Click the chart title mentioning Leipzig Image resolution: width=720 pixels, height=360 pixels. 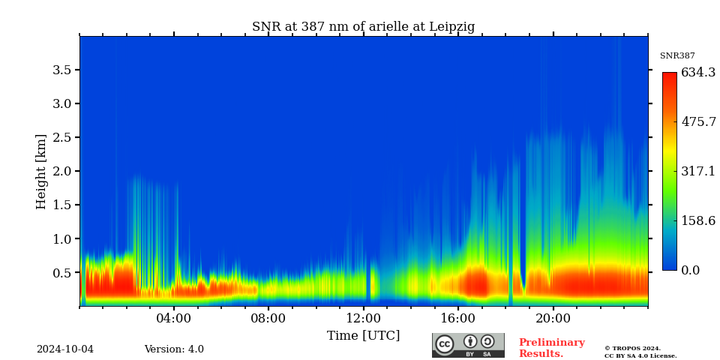[x=363, y=27]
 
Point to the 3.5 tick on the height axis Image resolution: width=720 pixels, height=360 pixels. [x=61, y=70]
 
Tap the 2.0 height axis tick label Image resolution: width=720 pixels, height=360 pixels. [x=61, y=171]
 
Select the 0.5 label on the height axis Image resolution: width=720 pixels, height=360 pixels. [x=61, y=273]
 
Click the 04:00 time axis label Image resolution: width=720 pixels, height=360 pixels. [x=173, y=319]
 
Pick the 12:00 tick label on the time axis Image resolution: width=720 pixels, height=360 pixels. [x=364, y=319]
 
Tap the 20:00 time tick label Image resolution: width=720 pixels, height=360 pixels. [x=553, y=319]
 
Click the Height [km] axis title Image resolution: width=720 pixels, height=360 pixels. [x=41, y=171]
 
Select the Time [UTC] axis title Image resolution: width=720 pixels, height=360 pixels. [x=363, y=336]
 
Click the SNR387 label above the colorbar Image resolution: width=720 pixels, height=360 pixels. [x=677, y=56]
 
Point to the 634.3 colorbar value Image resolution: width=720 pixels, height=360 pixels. [x=698, y=73]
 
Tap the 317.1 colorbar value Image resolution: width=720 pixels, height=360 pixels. [x=698, y=172]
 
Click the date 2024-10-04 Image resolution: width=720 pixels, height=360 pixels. [x=65, y=349]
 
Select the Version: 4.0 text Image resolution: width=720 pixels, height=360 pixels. [x=174, y=349]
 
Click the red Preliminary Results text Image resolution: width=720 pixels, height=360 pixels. [x=551, y=348]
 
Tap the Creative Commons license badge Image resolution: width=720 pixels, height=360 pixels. [x=468, y=345]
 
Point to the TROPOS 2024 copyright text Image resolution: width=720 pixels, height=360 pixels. [x=640, y=352]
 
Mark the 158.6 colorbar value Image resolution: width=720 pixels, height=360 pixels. [x=698, y=221]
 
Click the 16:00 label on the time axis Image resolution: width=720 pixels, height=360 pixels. [x=458, y=319]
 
